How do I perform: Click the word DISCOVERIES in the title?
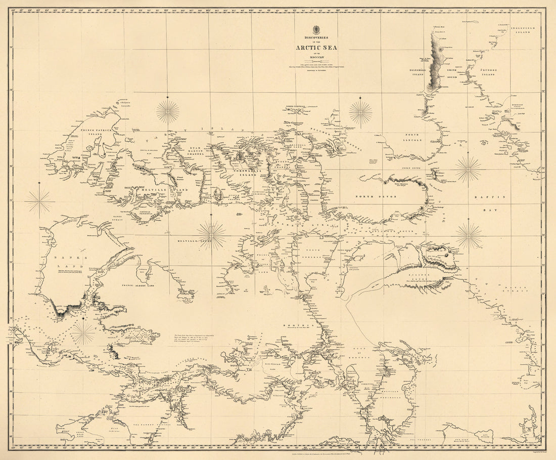317,37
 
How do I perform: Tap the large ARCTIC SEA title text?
317,48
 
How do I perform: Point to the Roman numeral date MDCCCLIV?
317,57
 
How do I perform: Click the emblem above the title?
317,28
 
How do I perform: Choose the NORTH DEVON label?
372,196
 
